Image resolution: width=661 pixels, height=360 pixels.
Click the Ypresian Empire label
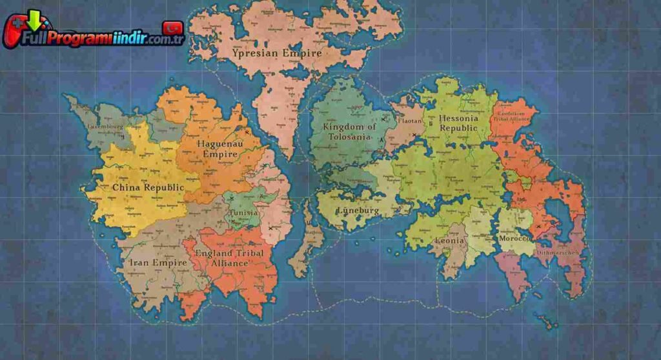click(x=278, y=53)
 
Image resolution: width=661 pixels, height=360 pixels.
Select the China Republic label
click(x=148, y=187)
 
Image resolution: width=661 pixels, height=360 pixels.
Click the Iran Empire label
click(x=158, y=263)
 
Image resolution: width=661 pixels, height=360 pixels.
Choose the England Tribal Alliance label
click(x=230, y=258)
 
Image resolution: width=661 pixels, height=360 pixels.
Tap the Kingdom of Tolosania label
click(x=349, y=132)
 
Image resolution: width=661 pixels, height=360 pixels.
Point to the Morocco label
click(x=514, y=238)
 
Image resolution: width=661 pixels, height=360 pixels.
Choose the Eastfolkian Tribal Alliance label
click(x=511, y=116)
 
